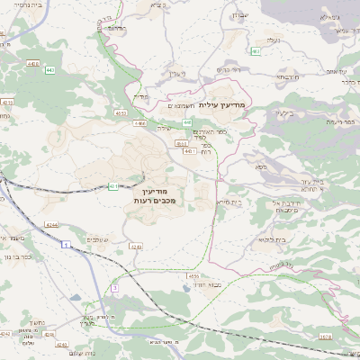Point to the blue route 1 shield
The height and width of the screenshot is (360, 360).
66,244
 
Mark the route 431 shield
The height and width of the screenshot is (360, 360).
113,186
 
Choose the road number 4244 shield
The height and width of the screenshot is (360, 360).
50,224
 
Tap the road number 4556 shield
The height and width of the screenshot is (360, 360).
193,277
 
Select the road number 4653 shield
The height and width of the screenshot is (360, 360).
120,112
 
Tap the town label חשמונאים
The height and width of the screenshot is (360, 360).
181,106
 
